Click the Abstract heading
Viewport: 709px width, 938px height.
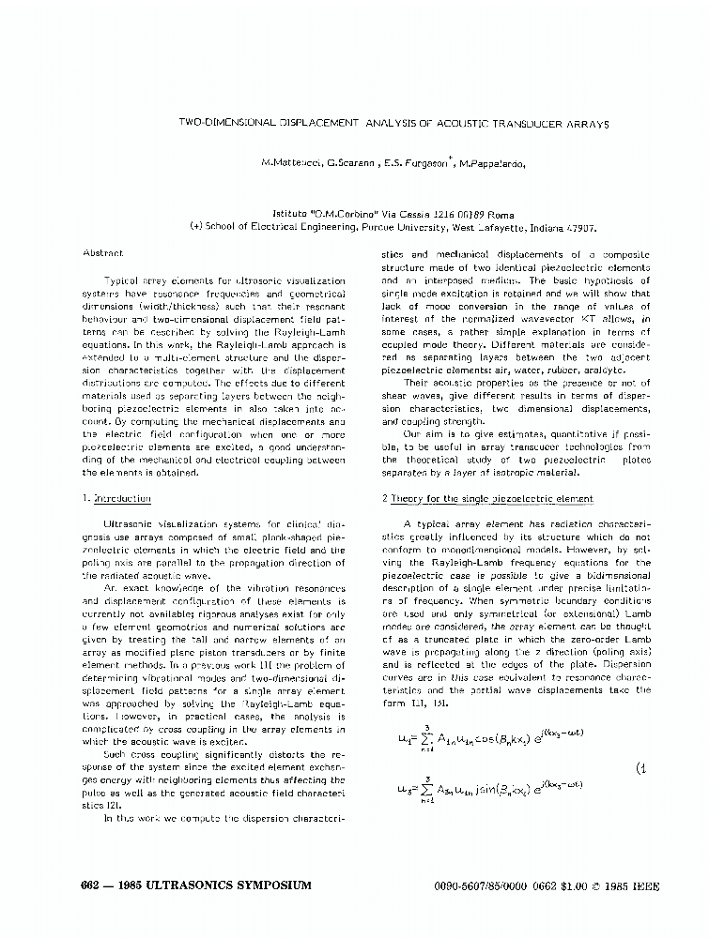point(102,253)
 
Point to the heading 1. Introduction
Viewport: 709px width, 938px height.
point(116,498)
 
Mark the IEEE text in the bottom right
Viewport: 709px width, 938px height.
point(614,885)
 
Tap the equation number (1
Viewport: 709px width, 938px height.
point(641,768)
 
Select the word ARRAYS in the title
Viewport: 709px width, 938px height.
point(586,123)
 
